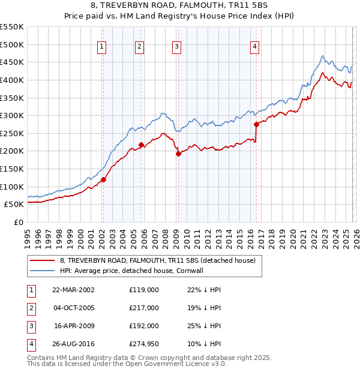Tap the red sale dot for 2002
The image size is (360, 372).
tap(103, 179)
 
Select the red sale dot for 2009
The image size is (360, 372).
tap(178, 154)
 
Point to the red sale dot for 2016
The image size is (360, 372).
tap(256, 125)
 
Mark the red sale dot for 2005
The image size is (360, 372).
tap(141, 145)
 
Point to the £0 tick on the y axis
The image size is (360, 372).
tap(19, 222)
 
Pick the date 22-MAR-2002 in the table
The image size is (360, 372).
tap(73, 289)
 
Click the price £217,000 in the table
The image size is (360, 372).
tap(144, 308)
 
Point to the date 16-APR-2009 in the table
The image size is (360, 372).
tap(73, 326)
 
